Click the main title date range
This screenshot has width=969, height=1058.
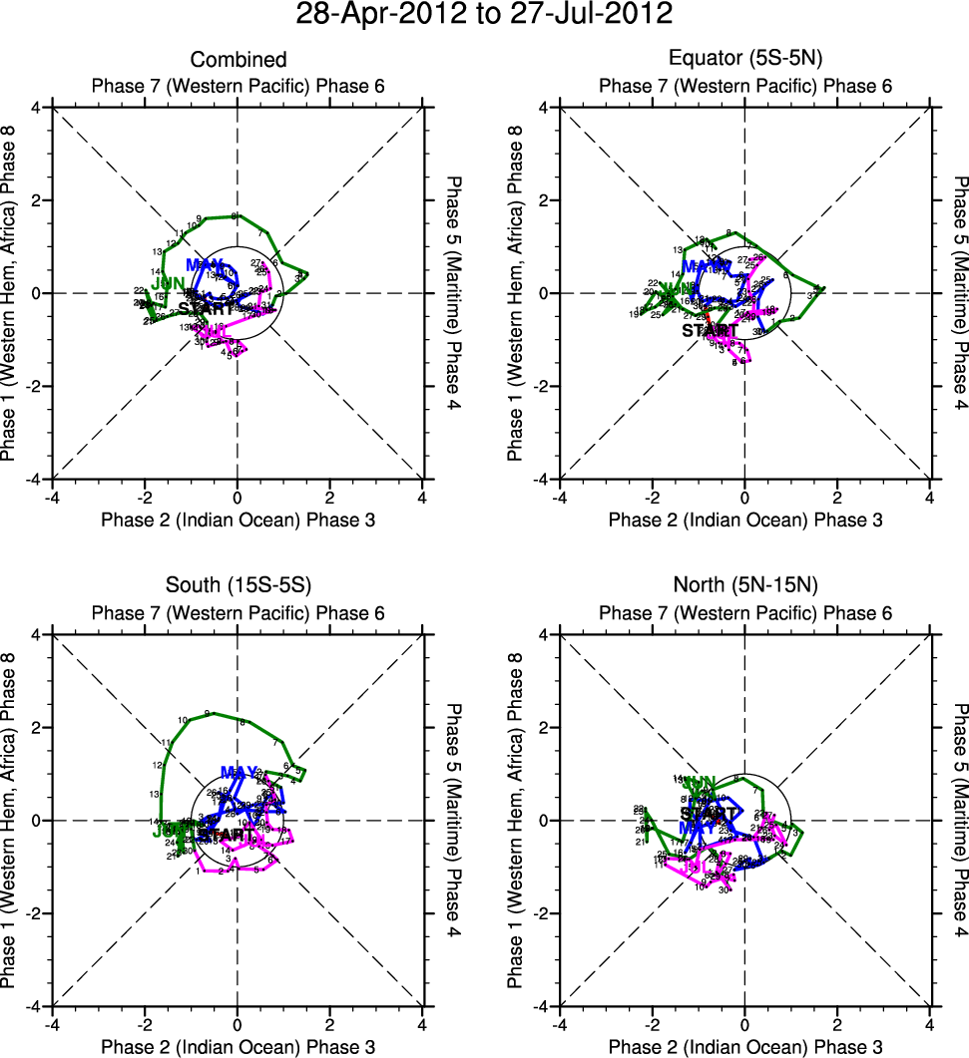coord(484,15)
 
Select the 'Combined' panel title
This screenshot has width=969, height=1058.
coord(238,60)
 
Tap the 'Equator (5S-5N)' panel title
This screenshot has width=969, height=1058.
coord(745,60)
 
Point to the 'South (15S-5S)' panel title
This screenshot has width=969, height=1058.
coord(238,587)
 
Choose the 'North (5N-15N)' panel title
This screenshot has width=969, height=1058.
coord(745,587)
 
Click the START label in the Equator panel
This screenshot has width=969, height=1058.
coord(711,330)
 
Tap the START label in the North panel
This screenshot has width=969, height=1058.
coord(708,814)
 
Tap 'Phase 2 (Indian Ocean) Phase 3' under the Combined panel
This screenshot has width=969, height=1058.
coord(238,520)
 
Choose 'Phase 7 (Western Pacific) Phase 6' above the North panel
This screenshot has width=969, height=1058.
coord(745,613)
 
